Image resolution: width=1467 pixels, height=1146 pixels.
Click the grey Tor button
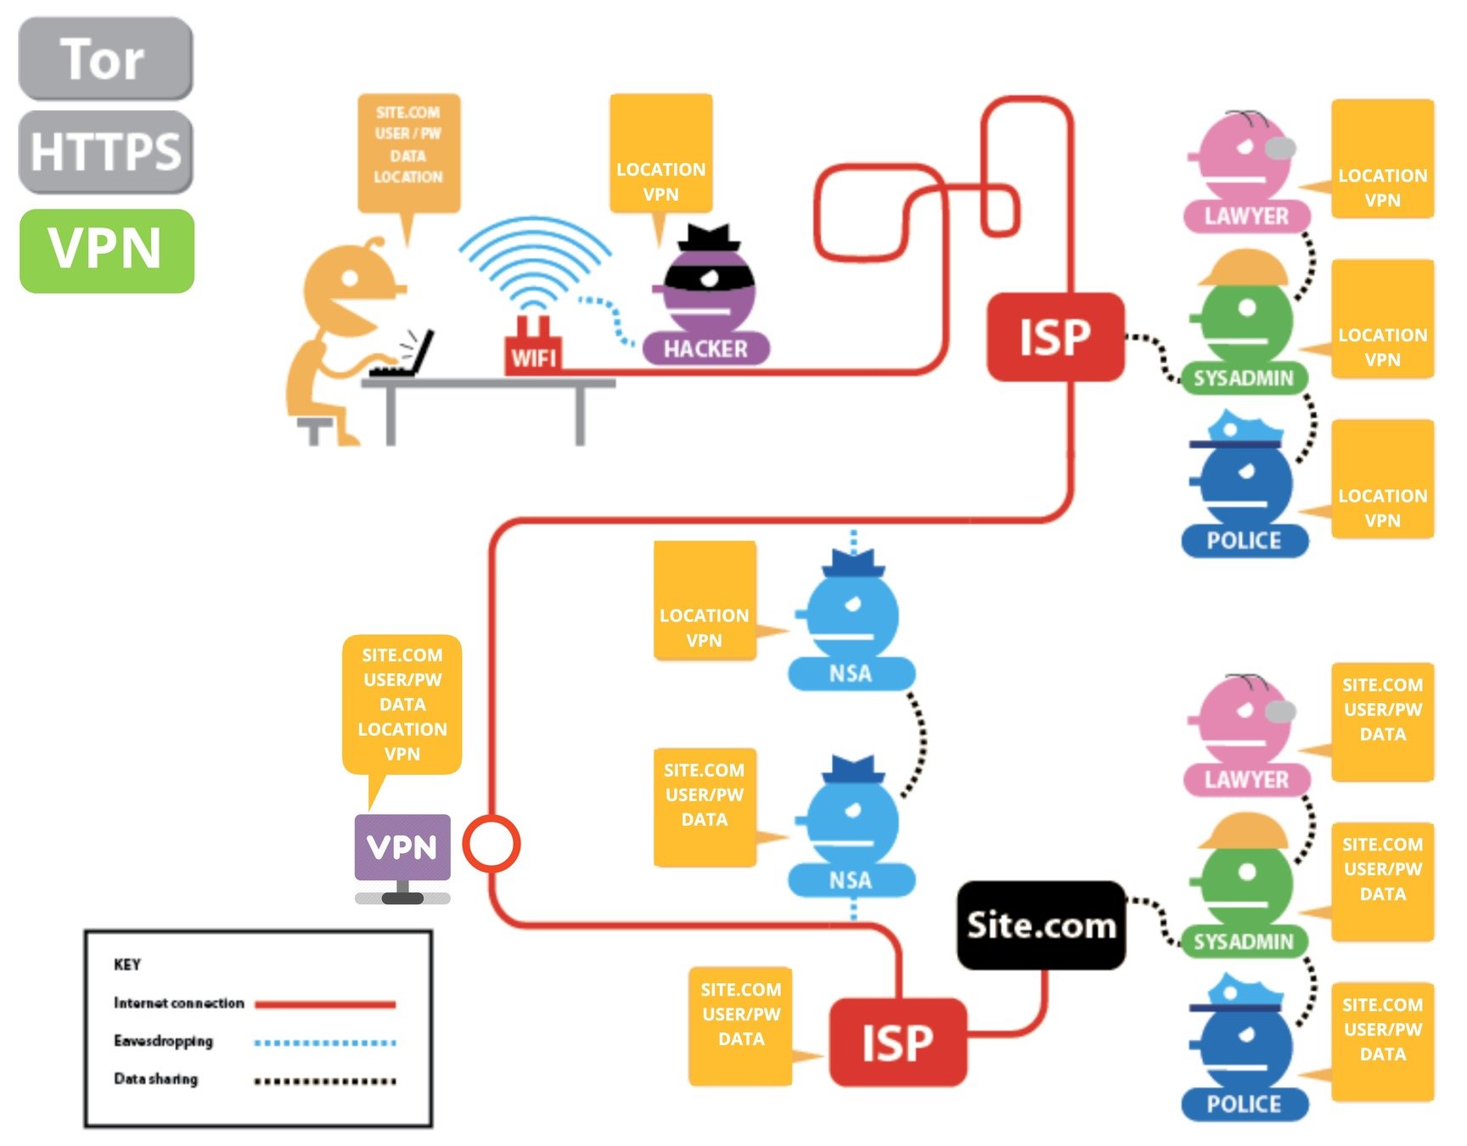(x=105, y=59)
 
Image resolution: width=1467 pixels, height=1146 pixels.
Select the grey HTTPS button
(x=105, y=151)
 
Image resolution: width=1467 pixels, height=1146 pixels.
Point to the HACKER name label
(x=705, y=349)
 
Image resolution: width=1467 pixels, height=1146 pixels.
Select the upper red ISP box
(x=1055, y=337)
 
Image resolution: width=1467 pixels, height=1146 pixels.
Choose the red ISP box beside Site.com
(x=897, y=1042)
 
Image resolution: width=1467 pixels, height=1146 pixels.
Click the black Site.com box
(x=1041, y=925)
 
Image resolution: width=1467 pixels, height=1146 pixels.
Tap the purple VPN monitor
(x=402, y=847)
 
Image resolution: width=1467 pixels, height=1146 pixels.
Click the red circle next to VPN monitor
(x=491, y=844)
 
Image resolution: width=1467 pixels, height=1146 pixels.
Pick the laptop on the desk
(x=406, y=357)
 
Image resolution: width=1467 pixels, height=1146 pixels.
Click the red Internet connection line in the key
(x=325, y=1004)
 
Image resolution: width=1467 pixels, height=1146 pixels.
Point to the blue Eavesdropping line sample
(x=325, y=1042)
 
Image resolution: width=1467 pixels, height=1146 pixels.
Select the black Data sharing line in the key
(x=325, y=1081)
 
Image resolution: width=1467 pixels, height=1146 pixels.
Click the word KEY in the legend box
(x=127, y=964)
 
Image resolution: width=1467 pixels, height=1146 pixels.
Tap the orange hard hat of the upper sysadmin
(x=1244, y=267)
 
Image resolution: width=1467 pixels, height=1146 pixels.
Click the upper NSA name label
(x=851, y=673)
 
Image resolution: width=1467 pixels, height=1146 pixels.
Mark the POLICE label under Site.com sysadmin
(x=1245, y=1104)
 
